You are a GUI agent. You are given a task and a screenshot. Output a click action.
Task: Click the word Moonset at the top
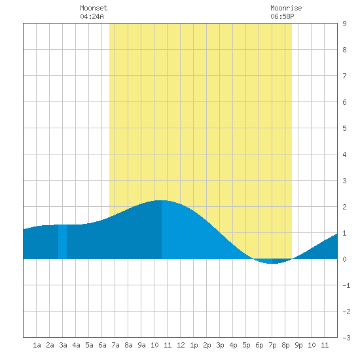[x=94, y=8]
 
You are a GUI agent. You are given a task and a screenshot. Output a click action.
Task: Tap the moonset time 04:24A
[x=92, y=16]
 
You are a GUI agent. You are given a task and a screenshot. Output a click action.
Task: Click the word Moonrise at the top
[x=286, y=8]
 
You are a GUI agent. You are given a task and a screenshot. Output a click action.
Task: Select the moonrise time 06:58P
[x=282, y=16]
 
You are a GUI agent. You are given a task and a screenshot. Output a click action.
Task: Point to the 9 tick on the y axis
[x=344, y=24]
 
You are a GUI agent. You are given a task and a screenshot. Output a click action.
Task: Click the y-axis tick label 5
[x=344, y=128]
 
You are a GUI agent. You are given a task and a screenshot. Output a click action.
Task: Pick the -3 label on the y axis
[x=346, y=338]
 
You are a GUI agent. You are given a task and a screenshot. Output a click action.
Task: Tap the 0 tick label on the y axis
[x=344, y=259]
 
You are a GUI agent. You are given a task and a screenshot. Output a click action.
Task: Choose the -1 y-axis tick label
[x=346, y=285]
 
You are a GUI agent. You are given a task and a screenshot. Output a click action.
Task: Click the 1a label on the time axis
[x=37, y=345]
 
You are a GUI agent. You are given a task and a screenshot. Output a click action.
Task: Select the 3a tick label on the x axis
[x=63, y=345]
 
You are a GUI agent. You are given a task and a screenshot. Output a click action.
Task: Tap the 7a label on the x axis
[x=115, y=345]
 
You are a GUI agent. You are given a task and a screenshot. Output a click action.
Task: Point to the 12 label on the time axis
[x=181, y=345]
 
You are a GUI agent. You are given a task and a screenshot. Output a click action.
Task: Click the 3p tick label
[x=220, y=345]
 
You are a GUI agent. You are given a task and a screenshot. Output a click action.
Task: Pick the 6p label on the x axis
[x=259, y=345]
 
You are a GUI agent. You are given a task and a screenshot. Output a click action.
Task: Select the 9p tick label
[x=298, y=345]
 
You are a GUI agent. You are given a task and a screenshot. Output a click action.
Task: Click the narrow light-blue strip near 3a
[x=62, y=242]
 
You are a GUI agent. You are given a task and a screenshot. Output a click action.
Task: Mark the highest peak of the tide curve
[x=162, y=201]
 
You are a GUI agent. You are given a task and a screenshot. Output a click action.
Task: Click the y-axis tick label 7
[x=344, y=76]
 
